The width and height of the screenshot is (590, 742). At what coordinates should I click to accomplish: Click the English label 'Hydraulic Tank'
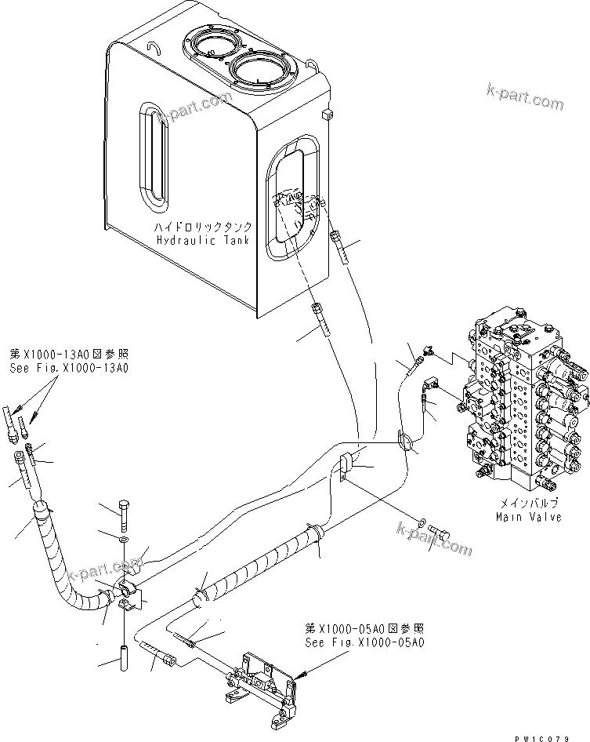(201, 240)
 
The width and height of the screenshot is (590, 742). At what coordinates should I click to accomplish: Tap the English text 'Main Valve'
(530, 517)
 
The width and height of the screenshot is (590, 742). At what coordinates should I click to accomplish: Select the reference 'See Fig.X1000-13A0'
(69, 367)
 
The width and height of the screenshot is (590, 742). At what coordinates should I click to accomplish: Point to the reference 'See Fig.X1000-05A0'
(364, 642)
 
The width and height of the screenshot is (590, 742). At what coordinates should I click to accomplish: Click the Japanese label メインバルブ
(530, 504)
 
